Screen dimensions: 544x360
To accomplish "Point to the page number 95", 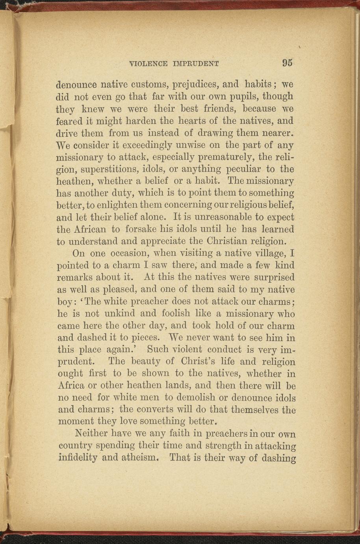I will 287,63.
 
